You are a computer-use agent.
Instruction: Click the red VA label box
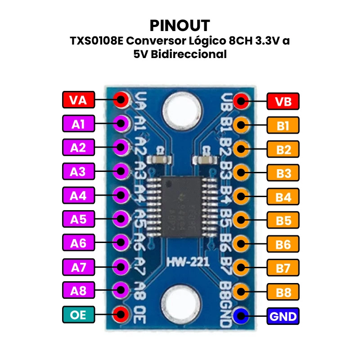click(78, 99)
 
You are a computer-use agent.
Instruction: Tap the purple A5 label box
click(78, 219)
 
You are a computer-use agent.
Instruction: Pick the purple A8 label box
click(78, 291)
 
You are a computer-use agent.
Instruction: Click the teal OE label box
click(78, 315)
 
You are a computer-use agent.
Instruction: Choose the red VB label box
click(283, 101)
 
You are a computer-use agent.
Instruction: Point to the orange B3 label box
click(283, 173)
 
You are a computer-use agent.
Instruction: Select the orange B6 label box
click(283, 245)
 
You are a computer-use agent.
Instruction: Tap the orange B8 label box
click(283, 292)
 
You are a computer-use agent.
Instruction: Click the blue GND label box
click(283, 316)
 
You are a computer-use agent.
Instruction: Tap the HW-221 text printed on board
click(181, 262)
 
